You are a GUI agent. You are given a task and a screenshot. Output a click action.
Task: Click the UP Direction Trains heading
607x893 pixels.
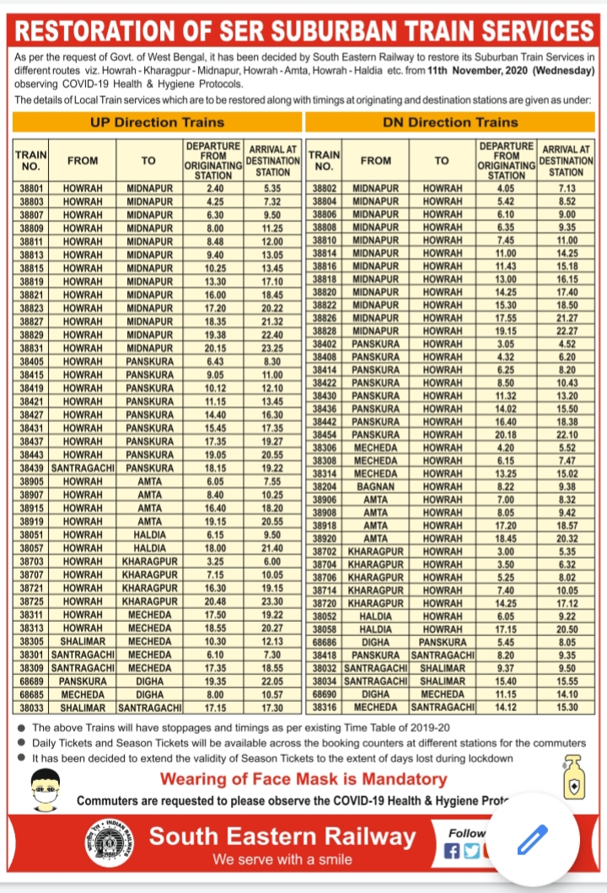[157, 122]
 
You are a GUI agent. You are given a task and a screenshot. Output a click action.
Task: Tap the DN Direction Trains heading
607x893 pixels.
[451, 122]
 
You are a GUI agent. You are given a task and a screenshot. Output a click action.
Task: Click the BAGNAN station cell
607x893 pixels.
[375, 486]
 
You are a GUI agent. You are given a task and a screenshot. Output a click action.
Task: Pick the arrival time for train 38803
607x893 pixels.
[271, 201]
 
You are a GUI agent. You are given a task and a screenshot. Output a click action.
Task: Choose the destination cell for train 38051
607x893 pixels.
[149, 533]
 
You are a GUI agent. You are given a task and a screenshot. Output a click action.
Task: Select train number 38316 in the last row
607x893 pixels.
[325, 706]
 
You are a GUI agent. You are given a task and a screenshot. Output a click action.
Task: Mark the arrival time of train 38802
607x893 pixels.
[567, 188]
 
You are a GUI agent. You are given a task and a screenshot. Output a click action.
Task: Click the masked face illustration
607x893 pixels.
[43, 789]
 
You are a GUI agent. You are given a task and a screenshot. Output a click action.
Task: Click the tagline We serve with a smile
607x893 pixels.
[282, 859]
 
